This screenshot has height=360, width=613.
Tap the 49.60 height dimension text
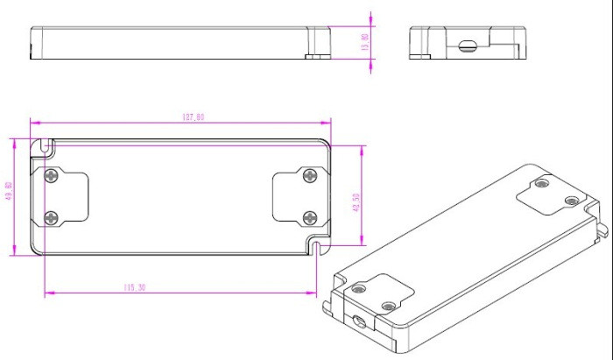[9, 191]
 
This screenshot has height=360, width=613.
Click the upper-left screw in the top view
[51, 176]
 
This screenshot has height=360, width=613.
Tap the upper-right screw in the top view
[309, 176]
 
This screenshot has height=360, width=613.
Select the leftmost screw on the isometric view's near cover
[357, 287]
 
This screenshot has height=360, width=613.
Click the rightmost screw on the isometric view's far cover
[571, 201]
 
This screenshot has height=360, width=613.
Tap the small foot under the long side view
[310, 57]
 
